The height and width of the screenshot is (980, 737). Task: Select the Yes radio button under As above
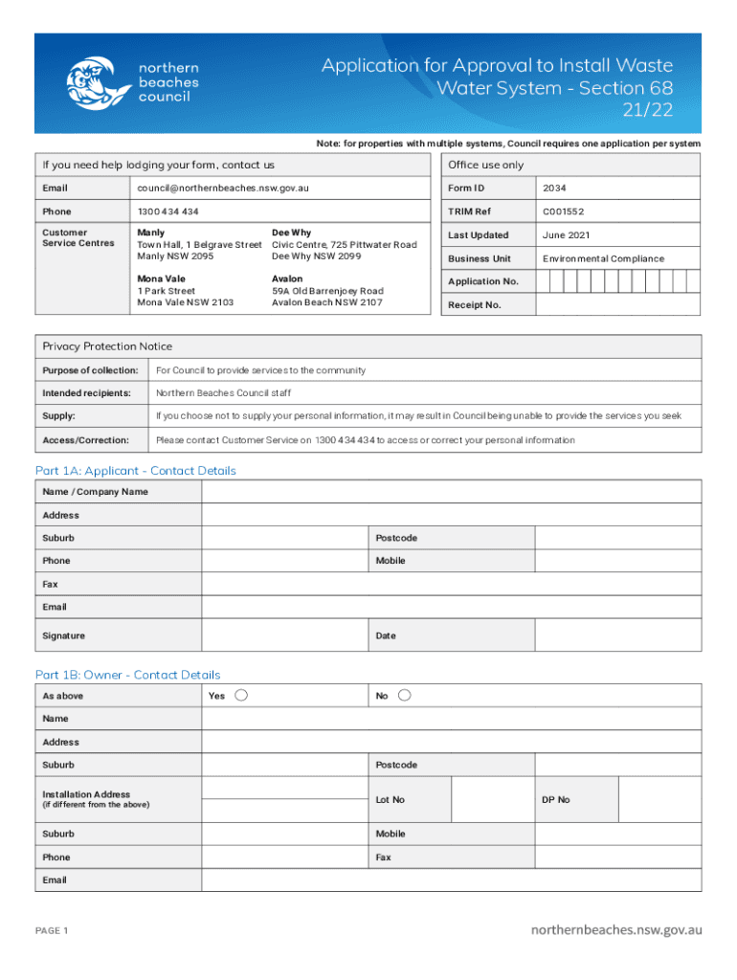coord(242,695)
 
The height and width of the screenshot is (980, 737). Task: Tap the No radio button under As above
coord(404,695)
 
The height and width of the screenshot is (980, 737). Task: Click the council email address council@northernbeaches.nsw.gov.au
coord(223,189)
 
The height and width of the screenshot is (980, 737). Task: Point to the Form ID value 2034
coord(554,189)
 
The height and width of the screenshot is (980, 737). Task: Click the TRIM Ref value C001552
coord(563,212)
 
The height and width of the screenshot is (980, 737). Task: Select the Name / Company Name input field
coord(451,492)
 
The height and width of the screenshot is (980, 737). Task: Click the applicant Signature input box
coord(284,635)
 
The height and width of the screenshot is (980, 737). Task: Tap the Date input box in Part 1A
coord(617,635)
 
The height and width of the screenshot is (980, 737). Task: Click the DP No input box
coord(659,799)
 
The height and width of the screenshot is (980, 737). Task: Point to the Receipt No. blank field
coord(617,304)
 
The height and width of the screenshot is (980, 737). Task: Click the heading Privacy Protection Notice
coord(107,346)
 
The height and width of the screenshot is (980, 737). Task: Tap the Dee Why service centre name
coord(291,233)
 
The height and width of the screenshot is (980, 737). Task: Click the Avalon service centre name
coord(287,278)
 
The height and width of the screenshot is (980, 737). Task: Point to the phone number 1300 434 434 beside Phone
coord(168,212)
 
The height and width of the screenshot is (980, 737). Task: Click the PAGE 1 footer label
coord(52,930)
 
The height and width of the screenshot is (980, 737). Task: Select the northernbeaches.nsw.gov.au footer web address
coord(617,929)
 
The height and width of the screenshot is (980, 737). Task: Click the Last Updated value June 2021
coord(566,235)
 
